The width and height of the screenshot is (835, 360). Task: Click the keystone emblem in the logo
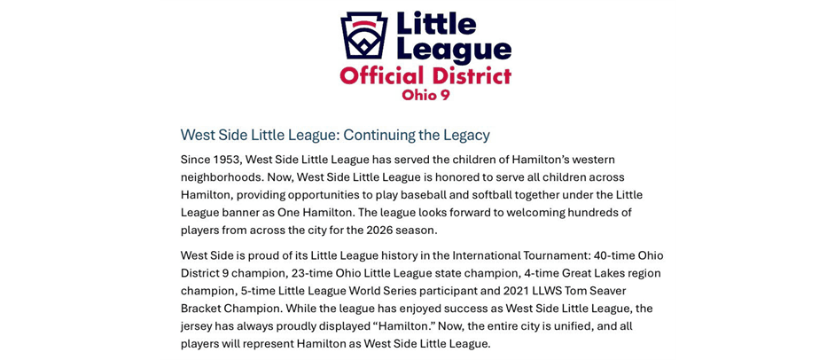[363, 35]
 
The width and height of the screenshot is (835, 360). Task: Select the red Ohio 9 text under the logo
[425, 95]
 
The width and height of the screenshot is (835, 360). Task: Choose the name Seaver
[602, 291]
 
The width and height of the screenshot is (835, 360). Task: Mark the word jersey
[201, 326]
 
